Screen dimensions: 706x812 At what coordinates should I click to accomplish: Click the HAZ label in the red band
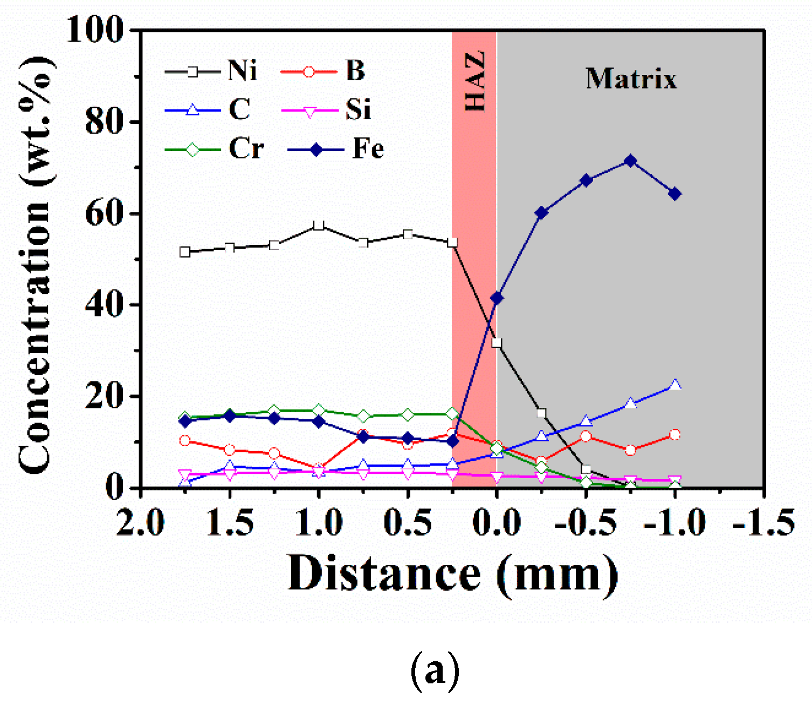pos(475,81)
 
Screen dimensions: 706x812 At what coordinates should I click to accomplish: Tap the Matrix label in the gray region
pos(631,79)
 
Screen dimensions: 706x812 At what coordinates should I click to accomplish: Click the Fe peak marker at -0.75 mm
pos(630,161)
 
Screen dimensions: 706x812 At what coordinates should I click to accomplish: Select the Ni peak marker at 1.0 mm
pos(319,225)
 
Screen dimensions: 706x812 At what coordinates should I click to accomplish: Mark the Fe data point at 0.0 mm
pos(497,297)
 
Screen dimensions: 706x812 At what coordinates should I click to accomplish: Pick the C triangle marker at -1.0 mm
pos(675,385)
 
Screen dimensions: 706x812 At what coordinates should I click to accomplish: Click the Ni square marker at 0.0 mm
pos(497,343)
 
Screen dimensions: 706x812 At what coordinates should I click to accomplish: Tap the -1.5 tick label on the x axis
pos(763,522)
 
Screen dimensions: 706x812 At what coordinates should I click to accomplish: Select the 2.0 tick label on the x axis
pos(141,522)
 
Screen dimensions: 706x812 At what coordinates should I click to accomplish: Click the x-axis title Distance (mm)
pos(453,575)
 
